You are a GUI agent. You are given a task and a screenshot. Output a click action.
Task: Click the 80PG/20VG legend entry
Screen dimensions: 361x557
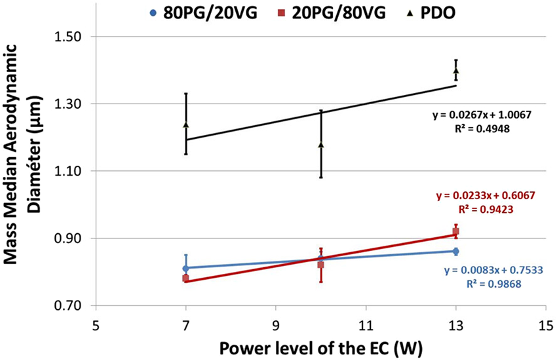point(201,11)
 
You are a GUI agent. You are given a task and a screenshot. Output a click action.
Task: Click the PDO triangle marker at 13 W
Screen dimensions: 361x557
point(456,70)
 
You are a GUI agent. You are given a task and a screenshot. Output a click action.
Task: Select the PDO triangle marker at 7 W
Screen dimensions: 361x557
point(186,124)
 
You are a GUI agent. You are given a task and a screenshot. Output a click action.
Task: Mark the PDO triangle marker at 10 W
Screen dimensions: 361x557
point(321,144)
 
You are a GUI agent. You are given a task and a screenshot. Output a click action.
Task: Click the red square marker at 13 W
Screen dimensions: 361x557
point(456,231)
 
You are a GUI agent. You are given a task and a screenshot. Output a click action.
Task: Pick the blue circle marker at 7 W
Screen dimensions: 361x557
point(186,268)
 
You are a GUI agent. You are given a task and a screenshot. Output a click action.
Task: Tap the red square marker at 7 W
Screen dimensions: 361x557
point(186,278)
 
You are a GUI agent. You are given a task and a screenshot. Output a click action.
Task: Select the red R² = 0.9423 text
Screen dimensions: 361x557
point(487,210)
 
